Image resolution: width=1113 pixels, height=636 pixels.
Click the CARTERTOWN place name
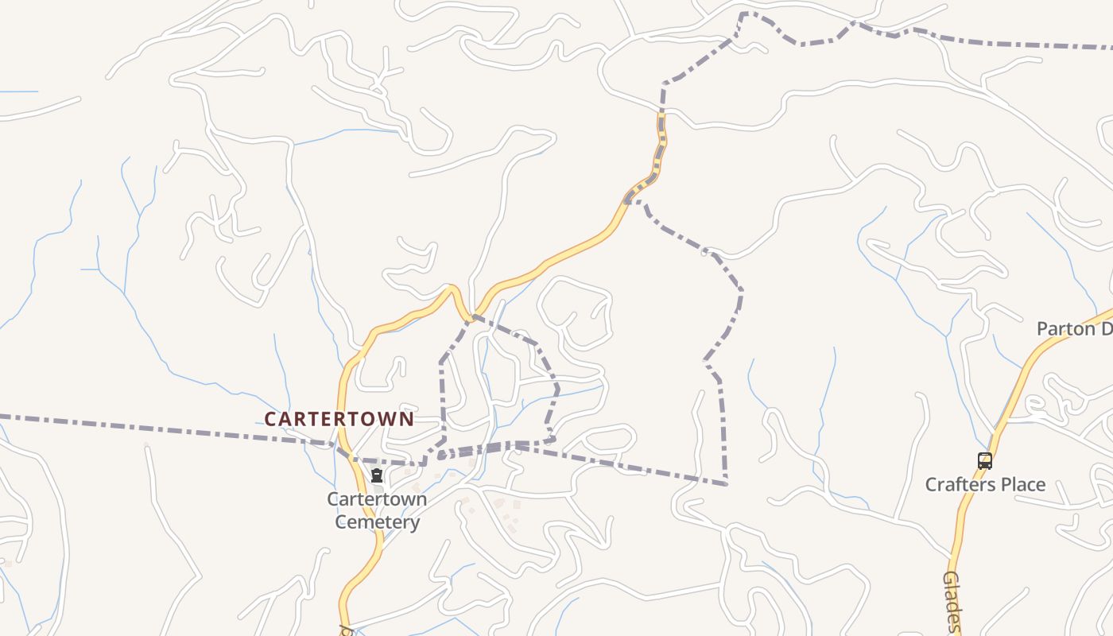click(x=339, y=419)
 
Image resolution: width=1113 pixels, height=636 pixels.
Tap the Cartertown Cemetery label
click(x=377, y=510)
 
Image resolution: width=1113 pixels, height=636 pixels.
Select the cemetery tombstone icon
click(x=377, y=476)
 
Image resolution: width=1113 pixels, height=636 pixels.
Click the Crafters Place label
click(x=985, y=484)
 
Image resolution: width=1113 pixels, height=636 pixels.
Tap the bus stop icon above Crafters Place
click(x=985, y=460)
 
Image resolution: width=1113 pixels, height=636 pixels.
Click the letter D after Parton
click(x=1106, y=328)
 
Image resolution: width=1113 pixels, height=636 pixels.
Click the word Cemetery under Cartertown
click(x=377, y=522)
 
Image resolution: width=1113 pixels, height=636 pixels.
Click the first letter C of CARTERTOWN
click(x=270, y=419)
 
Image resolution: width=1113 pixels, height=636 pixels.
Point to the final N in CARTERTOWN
click(x=406, y=419)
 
